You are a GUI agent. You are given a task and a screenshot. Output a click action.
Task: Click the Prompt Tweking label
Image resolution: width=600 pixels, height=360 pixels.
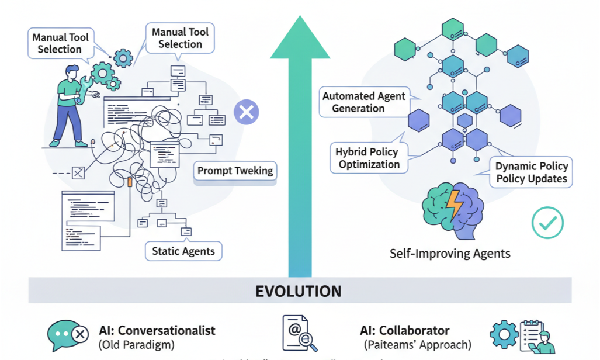click(235, 171)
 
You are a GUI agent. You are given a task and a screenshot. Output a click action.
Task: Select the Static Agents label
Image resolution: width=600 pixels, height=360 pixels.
click(183, 251)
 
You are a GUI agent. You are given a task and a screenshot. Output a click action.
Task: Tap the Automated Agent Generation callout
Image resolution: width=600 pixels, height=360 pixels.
click(363, 102)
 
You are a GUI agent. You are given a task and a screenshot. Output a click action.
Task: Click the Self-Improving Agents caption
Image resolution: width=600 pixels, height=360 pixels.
click(450, 254)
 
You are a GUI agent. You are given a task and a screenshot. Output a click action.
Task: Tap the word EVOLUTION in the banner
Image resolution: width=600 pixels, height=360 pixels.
click(299, 290)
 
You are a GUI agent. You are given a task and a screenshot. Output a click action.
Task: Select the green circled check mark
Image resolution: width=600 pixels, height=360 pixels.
click(547, 223)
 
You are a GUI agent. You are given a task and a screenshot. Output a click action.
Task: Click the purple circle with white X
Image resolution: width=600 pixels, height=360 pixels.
click(247, 112)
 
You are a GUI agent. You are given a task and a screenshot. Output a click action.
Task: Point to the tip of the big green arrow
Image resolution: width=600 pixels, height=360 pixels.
click(300, 19)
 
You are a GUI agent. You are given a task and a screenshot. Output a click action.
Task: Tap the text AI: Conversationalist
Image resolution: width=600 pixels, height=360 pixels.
click(157, 330)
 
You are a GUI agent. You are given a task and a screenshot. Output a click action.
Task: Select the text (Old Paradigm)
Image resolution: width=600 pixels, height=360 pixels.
click(136, 345)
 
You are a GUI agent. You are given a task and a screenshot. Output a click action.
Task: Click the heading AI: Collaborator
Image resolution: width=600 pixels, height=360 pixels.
click(405, 330)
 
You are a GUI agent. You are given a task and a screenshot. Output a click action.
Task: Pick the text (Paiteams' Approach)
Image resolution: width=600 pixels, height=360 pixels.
click(417, 345)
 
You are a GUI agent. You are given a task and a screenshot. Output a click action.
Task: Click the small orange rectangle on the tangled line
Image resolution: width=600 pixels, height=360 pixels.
click(130, 182)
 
